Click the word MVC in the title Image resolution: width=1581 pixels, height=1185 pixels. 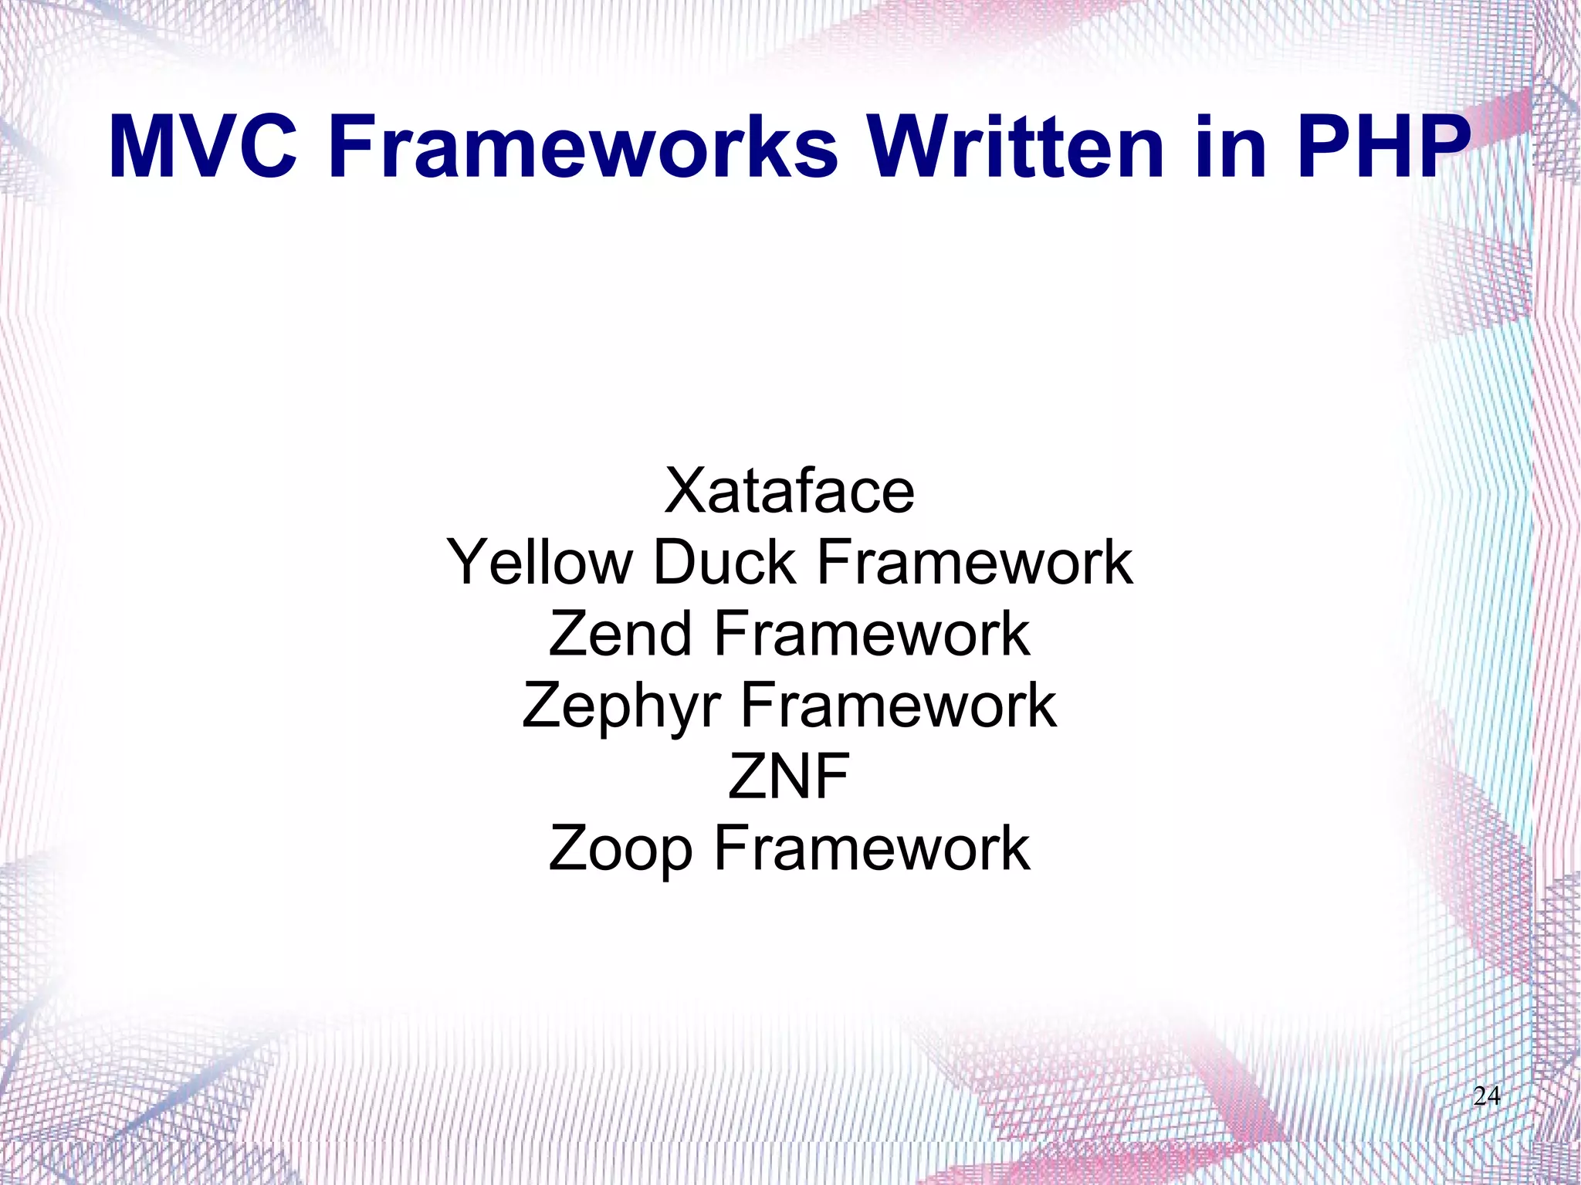coord(202,147)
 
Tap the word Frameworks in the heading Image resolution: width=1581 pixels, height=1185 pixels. coord(584,147)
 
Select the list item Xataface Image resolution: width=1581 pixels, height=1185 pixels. coord(789,491)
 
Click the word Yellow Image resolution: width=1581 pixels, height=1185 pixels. coord(540,563)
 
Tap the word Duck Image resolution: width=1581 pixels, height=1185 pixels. coord(724,563)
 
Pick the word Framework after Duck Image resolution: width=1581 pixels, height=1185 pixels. coord(974,563)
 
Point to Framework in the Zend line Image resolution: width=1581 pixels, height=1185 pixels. coord(872,634)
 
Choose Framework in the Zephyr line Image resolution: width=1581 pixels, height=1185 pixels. coord(899,705)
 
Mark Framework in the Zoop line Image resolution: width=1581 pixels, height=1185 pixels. coord(872,848)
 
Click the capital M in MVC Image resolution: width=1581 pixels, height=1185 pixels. coord(141,147)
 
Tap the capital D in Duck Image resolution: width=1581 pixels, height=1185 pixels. coord(675,563)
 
